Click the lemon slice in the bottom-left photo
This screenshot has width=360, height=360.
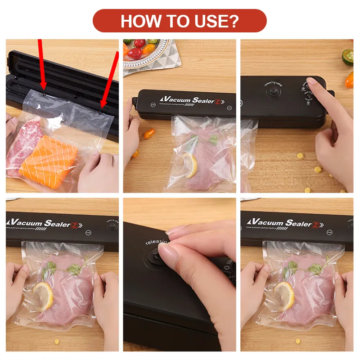(x=43, y=296)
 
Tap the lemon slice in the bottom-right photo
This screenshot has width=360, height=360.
(x=284, y=295)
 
